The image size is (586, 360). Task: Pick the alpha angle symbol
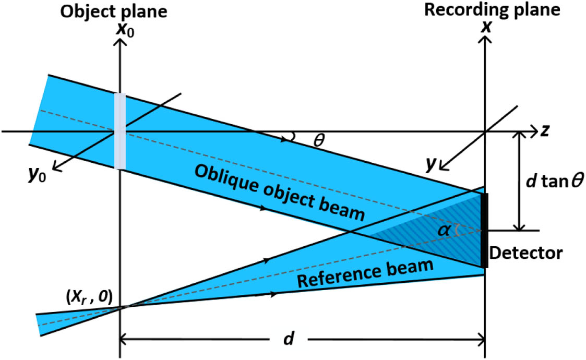pos(447,229)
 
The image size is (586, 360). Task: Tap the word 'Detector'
pos(527,254)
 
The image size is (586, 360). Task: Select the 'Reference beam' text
pos(365,274)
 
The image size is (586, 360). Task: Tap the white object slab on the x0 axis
pos(121,131)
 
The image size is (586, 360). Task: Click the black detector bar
pos(485,230)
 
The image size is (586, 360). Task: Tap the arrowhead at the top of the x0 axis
pos(121,42)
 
